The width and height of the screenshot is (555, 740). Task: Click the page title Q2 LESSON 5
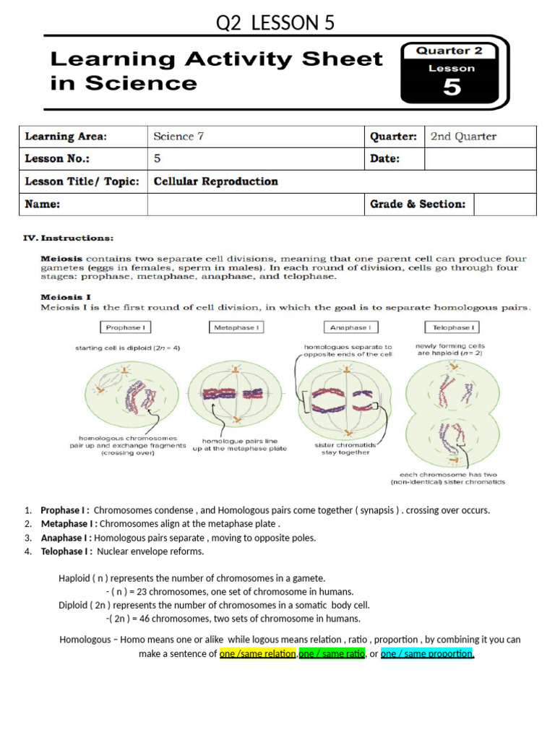click(276, 24)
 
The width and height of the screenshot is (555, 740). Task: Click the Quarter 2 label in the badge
click(452, 51)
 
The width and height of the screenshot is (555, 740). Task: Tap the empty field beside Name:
click(256, 205)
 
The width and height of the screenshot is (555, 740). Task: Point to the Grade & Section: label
click(418, 205)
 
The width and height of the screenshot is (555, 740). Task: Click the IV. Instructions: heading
click(69, 237)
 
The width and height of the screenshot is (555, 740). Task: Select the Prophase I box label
click(125, 327)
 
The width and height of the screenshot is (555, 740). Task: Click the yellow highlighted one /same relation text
click(258, 654)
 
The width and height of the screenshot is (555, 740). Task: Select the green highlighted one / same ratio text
click(332, 654)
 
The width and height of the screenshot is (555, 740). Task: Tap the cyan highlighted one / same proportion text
click(427, 654)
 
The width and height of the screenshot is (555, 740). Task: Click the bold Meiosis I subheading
click(64, 296)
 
